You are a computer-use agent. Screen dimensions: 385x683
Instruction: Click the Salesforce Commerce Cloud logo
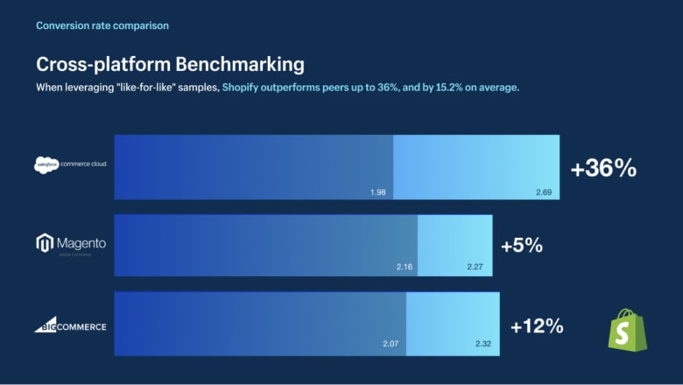pos(70,164)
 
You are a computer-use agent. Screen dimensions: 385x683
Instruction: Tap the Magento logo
pos(70,243)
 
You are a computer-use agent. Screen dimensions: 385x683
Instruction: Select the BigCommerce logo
pos(70,326)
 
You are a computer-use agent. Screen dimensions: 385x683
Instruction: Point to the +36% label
pos(603,169)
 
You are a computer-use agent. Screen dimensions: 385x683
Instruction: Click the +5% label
pos(522,246)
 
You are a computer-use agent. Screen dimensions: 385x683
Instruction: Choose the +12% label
pos(536,326)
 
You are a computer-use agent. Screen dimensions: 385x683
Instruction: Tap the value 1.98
pos(378,190)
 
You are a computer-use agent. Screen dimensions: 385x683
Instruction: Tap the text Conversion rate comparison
pos(102,25)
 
